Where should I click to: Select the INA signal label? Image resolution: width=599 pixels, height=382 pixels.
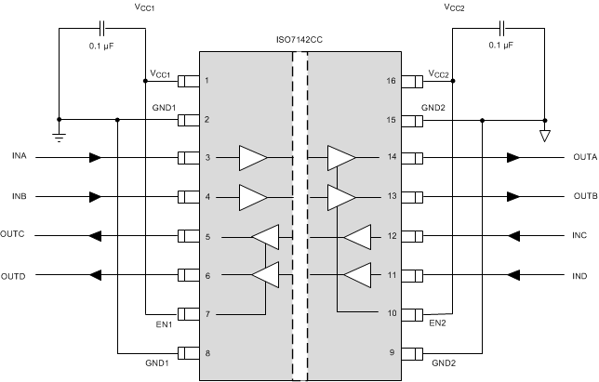(19, 158)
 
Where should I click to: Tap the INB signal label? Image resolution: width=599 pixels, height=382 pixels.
(19, 197)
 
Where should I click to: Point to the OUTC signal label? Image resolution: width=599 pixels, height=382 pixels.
(16, 236)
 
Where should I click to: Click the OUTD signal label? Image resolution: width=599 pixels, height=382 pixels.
(16, 275)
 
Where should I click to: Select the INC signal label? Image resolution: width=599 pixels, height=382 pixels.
(579, 236)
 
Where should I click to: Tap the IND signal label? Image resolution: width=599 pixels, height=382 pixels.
(579, 275)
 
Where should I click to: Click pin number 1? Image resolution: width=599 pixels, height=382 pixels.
(206, 81)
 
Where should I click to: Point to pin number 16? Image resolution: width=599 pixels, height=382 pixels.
(390, 81)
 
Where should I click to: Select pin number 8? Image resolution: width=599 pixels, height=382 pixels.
(206, 353)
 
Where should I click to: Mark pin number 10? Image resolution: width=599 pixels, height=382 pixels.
(390, 314)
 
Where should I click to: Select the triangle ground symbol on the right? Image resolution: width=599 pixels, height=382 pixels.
(545, 136)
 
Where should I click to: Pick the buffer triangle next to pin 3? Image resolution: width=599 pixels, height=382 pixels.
(252, 158)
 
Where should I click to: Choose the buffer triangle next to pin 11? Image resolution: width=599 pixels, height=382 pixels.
(358, 275)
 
